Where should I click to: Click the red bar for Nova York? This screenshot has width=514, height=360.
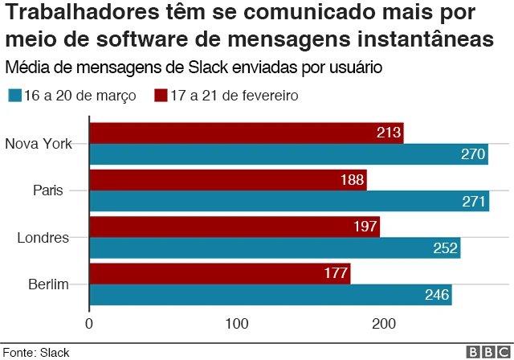click(x=246, y=133)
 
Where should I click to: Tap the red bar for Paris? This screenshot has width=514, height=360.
click(x=227, y=179)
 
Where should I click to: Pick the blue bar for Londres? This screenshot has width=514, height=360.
click(x=275, y=248)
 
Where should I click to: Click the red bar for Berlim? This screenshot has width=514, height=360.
click(x=219, y=274)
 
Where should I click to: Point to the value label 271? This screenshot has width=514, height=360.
click(x=474, y=201)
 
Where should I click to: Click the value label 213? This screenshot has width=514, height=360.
click(x=388, y=133)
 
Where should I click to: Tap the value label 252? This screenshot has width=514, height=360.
click(x=445, y=248)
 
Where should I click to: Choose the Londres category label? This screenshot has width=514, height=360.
click(x=43, y=237)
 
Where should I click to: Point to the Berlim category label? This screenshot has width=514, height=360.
click(x=48, y=284)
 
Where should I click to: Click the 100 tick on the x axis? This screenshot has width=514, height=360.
click(x=237, y=324)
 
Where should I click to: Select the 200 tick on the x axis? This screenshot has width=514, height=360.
click(x=385, y=324)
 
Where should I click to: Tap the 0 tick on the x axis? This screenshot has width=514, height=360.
click(x=89, y=324)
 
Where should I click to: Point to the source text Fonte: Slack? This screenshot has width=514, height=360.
click(x=36, y=352)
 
